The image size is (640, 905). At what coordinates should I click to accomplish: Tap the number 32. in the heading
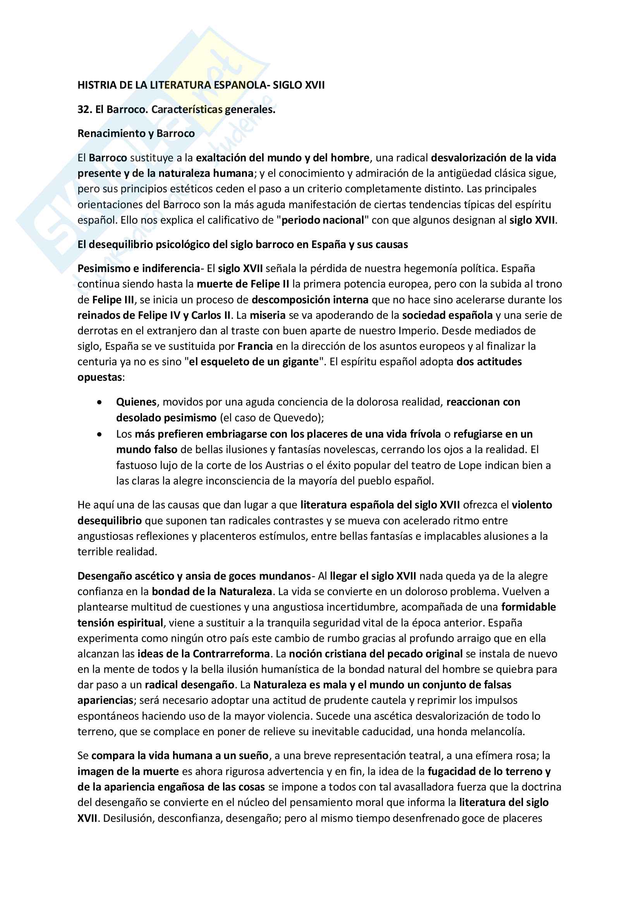(85, 109)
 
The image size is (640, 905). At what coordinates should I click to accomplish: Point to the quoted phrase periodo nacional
(323, 220)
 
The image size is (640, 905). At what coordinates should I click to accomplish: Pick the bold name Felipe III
(113, 299)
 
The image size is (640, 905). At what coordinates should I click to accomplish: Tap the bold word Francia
(255, 346)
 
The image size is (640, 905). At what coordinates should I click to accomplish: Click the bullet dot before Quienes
(100, 402)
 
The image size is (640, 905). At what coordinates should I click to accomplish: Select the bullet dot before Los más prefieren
(100, 434)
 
